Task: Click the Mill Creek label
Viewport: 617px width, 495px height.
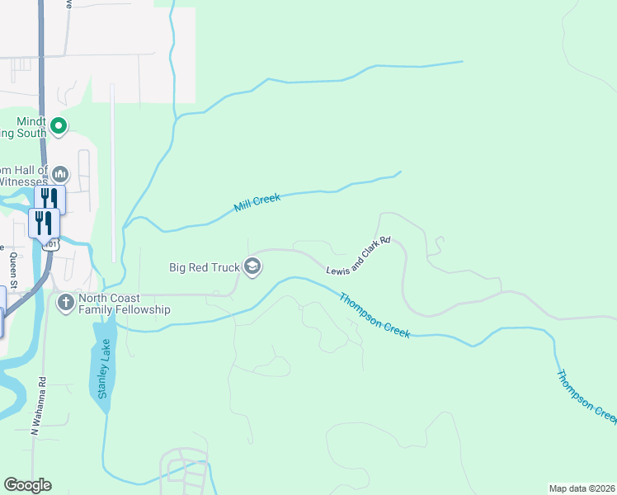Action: click(x=257, y=203)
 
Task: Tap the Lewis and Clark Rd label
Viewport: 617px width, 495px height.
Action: click(x=357, y=257)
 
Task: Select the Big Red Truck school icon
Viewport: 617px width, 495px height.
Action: click(x=252, y=266)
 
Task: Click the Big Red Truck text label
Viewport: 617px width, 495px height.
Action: click(x=204, y=266)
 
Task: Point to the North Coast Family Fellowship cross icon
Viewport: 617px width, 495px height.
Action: click(x=65, y=303)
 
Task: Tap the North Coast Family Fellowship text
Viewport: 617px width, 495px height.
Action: click(x=124, y=304)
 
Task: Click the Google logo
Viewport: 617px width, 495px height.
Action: click(x=27, y=485)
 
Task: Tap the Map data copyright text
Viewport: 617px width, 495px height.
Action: click(x=582, y=488)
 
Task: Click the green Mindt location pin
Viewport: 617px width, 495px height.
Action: click(x=58, y=126)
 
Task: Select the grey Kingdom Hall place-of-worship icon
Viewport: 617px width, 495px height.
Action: click(x=60, y=175)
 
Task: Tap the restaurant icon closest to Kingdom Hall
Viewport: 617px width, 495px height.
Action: click(x=49, y=199)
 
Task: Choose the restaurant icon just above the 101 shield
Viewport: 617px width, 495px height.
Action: click(x=43, y=223)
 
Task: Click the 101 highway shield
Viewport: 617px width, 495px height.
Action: click(x=51, y=245)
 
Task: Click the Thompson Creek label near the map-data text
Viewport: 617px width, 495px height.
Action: click(x=586, y=397)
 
